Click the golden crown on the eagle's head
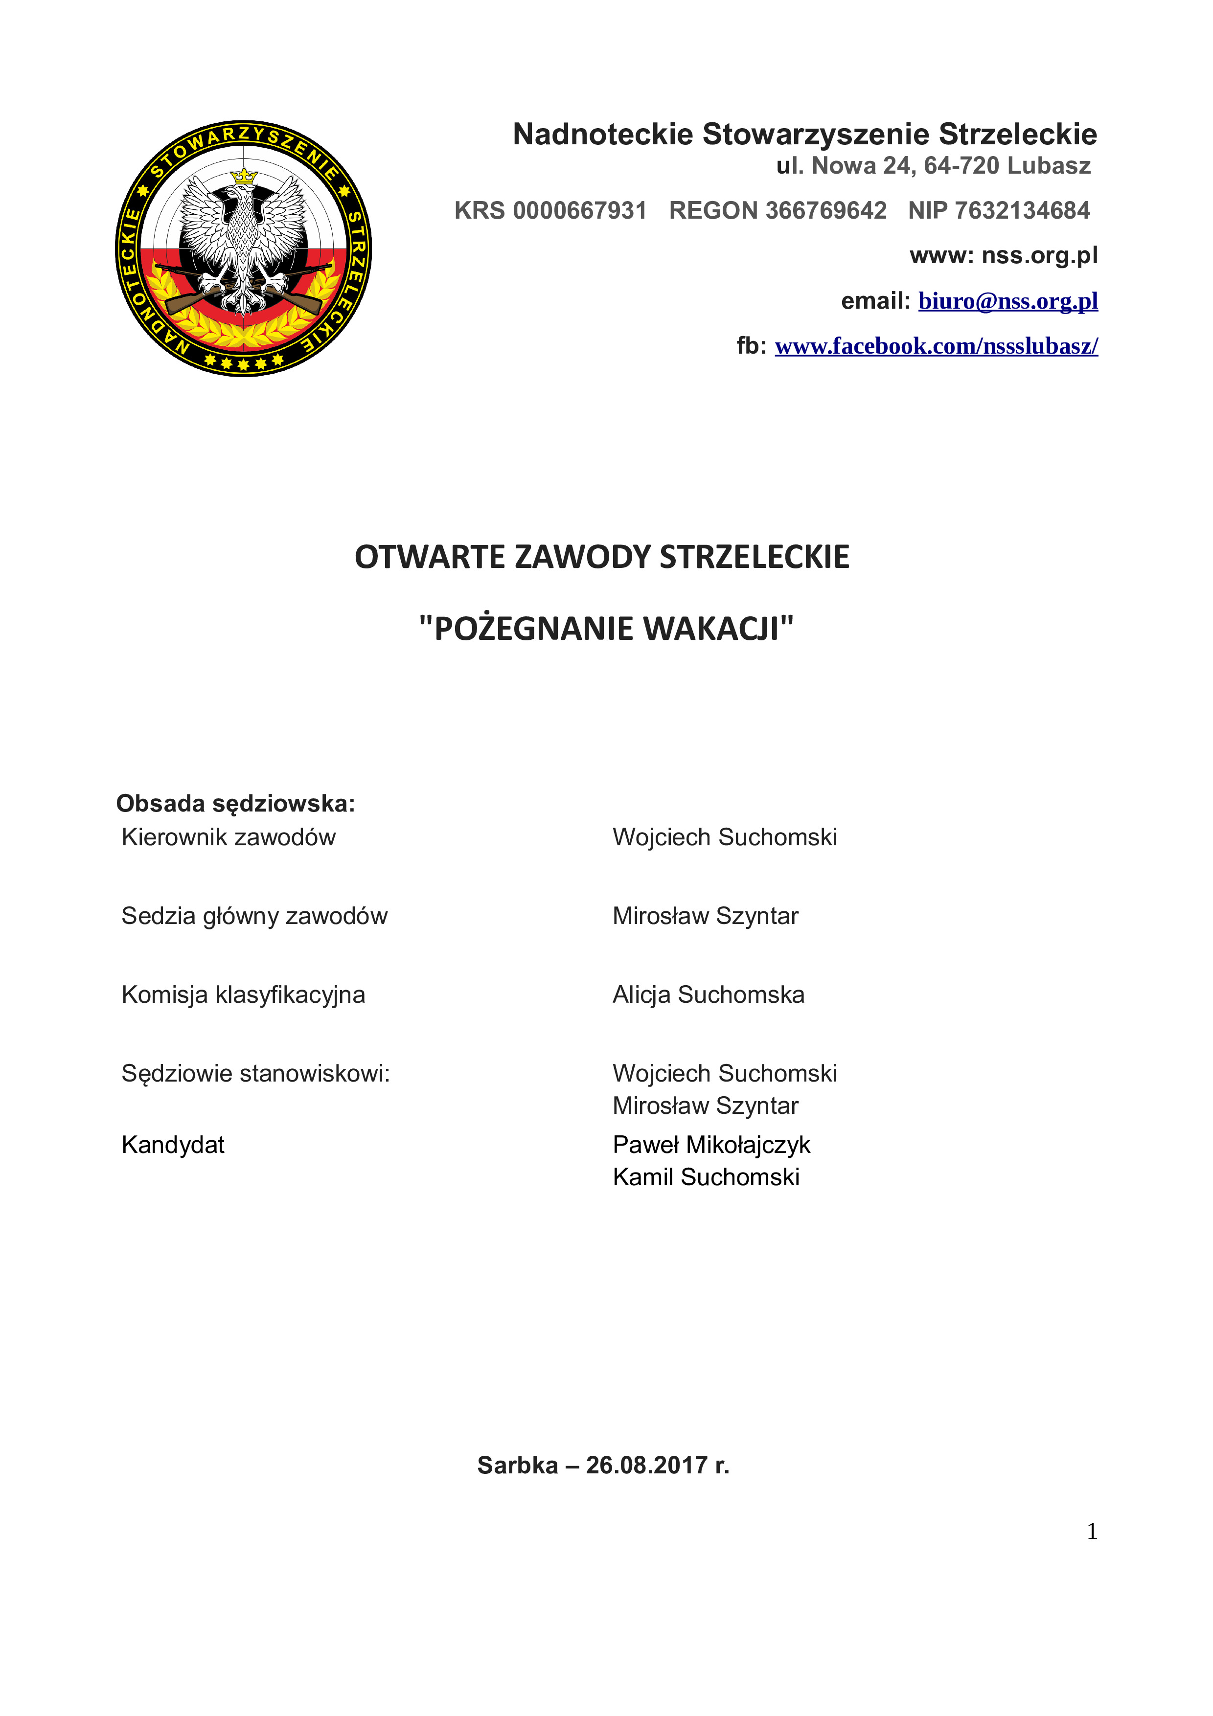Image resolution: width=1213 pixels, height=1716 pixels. pyautogui.click(x=244, y=177)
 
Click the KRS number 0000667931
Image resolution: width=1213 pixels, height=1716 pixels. pyautogui.click(x=579, y=211)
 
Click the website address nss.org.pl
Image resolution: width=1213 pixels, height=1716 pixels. pyautogui.click(x=1040, y=256)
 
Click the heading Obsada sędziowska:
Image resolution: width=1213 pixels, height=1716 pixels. pyautogui.click(x=235, y=803)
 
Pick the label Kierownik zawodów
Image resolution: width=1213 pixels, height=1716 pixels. pyautogui.click(x=228, y=837)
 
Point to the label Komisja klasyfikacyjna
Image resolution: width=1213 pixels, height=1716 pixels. pyautogui.click(x=243, y=995)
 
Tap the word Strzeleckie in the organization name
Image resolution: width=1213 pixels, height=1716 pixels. pyautogui.click(x=1017, y=135)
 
